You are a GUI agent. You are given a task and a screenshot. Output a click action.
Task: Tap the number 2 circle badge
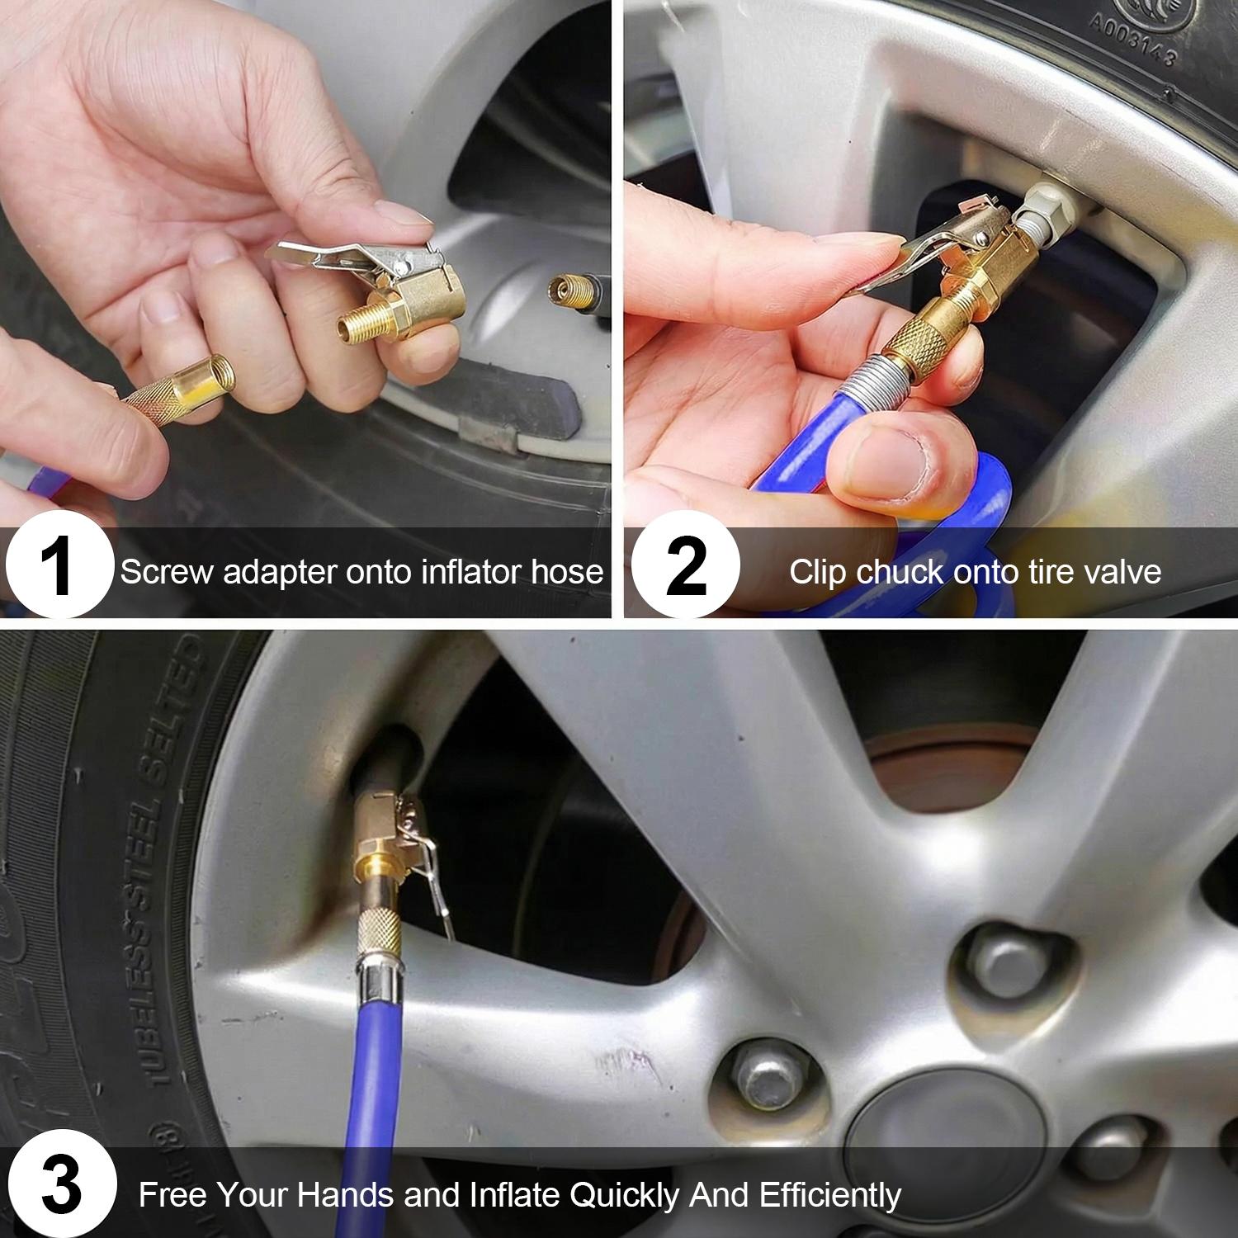(685, 565)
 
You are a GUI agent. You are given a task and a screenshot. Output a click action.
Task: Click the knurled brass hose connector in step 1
(177, 395)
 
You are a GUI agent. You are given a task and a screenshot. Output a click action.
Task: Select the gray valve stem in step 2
(1044, 206)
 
